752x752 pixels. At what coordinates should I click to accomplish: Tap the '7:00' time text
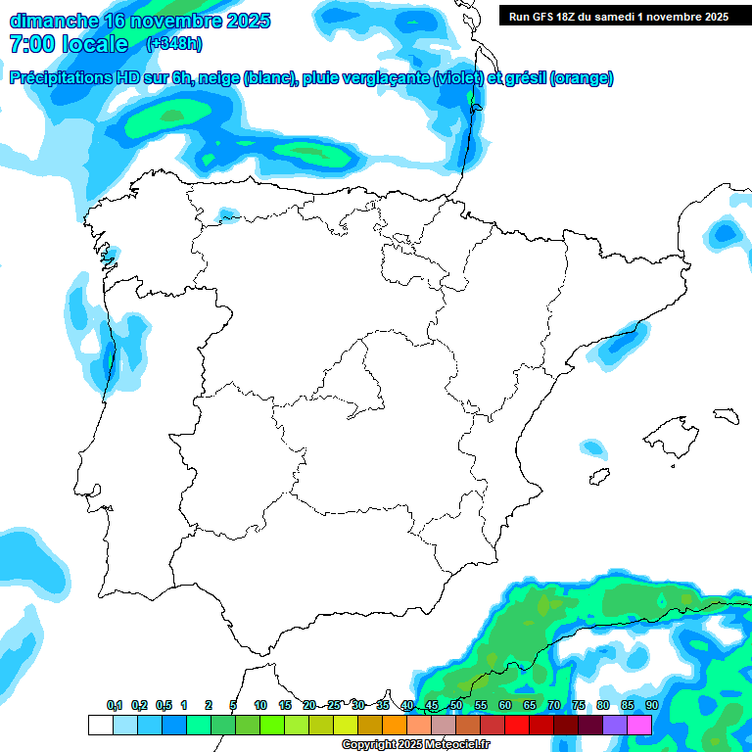(31, 44)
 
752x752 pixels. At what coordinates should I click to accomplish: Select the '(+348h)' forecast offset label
(174, 44)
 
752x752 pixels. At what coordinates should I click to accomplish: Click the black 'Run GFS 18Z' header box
(618, 16)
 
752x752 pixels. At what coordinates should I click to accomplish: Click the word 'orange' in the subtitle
(583, 78)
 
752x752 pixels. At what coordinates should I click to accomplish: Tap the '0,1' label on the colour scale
(115, 705)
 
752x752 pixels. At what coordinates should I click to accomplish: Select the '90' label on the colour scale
(651, 705)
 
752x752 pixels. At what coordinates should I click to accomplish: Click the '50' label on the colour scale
(456, 705)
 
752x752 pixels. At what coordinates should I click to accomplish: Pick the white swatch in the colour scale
(100, 725)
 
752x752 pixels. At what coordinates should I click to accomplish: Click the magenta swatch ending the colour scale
(639, 725)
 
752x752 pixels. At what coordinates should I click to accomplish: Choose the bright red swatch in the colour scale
(517, 725)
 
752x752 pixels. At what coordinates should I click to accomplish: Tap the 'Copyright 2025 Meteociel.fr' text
(416, 745)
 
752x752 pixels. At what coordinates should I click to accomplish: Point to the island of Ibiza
(600, 476)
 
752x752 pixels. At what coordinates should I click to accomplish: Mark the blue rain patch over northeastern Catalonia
(725, 233)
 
